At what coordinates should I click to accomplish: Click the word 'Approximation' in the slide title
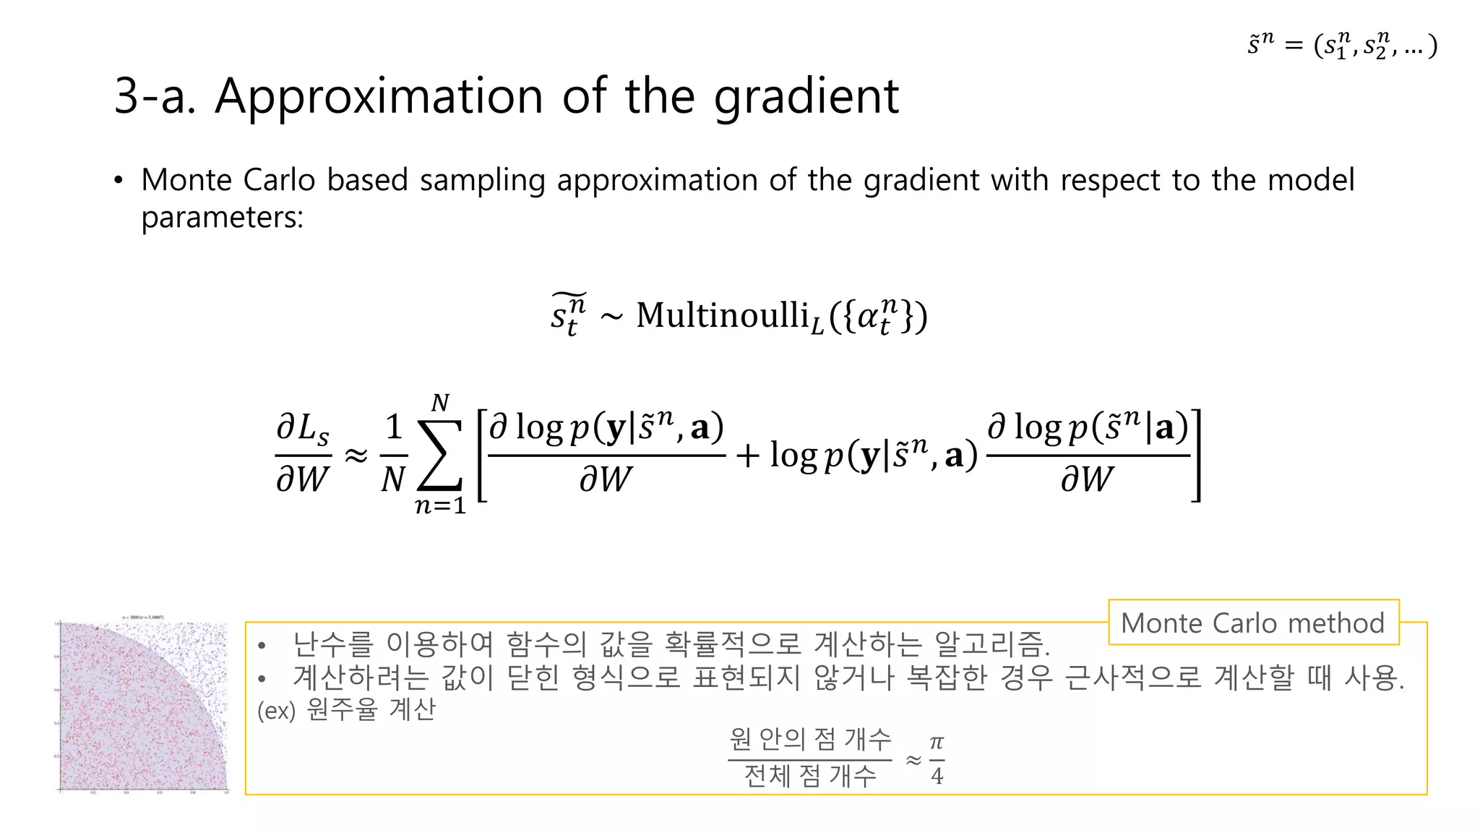pyautogui.click(x=378, y=96)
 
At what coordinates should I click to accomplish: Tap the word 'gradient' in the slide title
pyautogui.click(x=806, y=98)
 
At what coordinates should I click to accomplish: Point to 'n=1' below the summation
pyautogui.click(x=440, y=505)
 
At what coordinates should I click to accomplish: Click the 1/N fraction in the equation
pyautogui.click(x=393, y=454)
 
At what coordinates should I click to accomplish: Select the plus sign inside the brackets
pyautogui.click(x=748, y=456)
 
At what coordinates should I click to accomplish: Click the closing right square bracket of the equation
pyautogui.click(x=1196, y=455)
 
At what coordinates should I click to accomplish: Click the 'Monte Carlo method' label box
pyautogui.click(x=1253, y=623)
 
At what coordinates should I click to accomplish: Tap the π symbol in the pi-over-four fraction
pyautogui.click(x=937, y=743)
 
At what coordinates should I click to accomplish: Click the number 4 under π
pyautogui.click(x=937, y=777)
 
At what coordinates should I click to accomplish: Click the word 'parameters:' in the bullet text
pyautogui.click(x=222, y=217)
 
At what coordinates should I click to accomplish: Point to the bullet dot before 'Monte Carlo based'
pyautogui.click(x=118, y=180)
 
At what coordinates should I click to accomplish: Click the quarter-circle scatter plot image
pyautogui.click(x=143, y=706)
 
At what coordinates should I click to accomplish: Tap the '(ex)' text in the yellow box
pyautogui.click(x=277, y=711)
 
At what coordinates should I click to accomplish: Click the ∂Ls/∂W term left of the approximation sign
pyautogui.click(x=303, y=454)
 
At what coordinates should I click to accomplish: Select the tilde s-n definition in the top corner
pyautogui.click(x=1341, y=46)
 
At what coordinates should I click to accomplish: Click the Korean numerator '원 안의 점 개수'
pyautogui.click(x=810, y=739)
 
